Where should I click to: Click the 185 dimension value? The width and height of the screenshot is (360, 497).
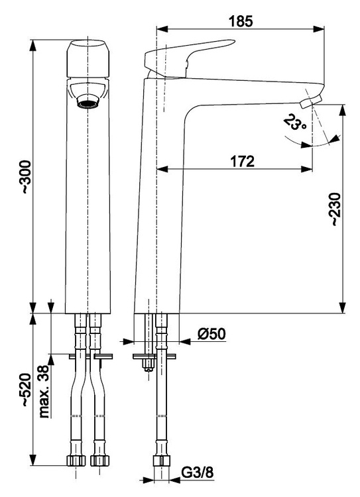pos(241,21)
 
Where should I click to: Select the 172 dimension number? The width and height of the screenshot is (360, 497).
pos(242,161)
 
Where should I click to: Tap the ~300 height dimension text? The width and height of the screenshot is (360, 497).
pos(26,178)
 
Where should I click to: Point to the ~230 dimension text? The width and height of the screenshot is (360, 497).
pos(335,209)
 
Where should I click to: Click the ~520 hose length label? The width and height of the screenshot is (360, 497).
pos(26,390)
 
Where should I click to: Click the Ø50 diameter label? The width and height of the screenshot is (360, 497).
pos(212,334)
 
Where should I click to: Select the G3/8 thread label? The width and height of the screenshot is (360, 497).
pos(198,473)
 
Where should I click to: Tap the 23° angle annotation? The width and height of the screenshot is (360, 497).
pos(294,123)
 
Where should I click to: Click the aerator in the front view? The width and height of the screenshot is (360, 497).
pos(88,103)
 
